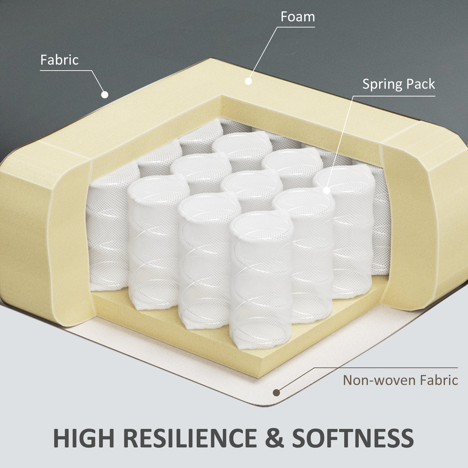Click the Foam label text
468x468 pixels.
[298, 17]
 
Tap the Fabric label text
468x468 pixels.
[59, 60]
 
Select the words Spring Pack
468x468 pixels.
[399, 84]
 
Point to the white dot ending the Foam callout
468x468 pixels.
[248, 81]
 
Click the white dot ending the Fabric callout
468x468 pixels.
[104, 94]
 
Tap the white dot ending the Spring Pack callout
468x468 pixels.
[327, 190]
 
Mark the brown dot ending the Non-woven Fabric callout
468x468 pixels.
[276, 393]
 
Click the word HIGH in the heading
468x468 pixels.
[84, 438]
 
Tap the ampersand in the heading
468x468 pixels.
[274, 438]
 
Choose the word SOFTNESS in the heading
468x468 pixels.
[353, 438]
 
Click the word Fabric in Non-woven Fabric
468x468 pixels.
[439, 380]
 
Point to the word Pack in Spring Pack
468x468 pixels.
[420, 84]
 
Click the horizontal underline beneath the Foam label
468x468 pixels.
[296, 27]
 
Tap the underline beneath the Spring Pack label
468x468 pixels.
[394, 96]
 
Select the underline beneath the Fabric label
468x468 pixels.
[66, 71]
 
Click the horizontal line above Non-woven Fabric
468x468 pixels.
[386, 368]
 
